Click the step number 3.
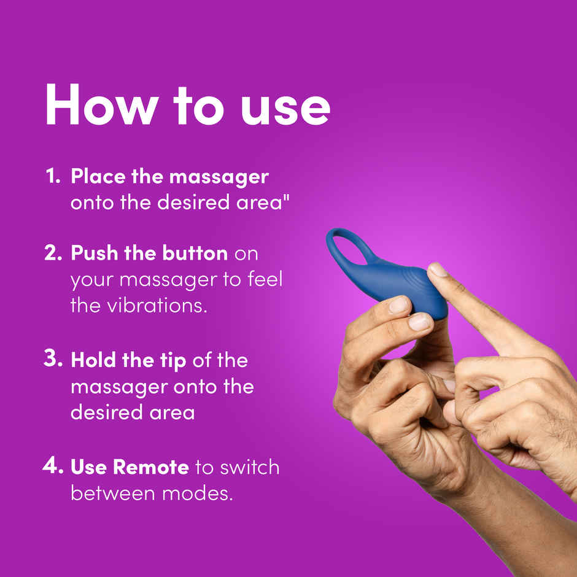pyautogui.click(x=53, y=360)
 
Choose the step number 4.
pyautogui.click(x=53, y=467)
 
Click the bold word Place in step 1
pyautogui.click(x=96, y=177)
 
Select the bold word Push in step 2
pyautogui.click(x=93, y=253)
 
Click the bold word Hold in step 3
pyautogui.click(x=92, y=360)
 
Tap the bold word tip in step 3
pyautogui.click(x=172, y=362)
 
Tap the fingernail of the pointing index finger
pyautogui.click(x=438, y=269)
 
